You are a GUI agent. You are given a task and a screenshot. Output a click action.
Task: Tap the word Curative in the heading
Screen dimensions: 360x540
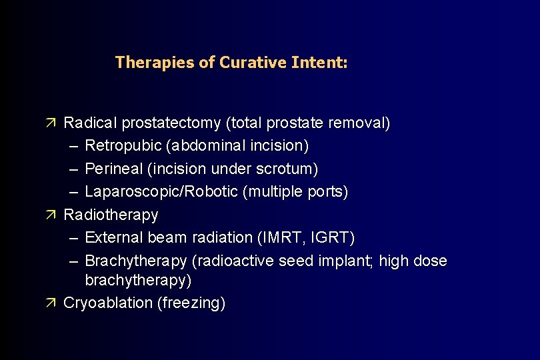pos(253,63)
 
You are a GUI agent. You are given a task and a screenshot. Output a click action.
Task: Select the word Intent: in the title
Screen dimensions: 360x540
pos(319,63)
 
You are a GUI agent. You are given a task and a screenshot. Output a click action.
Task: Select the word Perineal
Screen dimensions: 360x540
pos(111,169)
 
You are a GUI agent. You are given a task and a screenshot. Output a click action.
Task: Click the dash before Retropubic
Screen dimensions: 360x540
pos(73,146)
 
